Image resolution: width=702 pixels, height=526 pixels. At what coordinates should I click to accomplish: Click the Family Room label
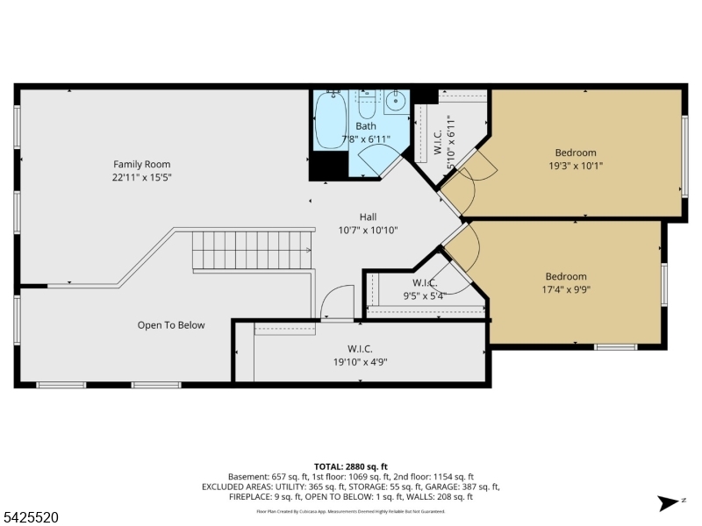[x=141, y=164]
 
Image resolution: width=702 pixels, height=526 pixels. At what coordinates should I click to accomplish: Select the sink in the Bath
[x=396, y=100]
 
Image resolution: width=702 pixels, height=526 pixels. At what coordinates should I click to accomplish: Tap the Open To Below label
[x=170, y=325]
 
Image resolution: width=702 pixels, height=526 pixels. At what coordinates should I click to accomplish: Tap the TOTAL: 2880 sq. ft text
[x=351, y=466]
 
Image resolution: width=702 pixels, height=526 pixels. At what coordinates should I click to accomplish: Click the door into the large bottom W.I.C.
[x=334, y=307]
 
